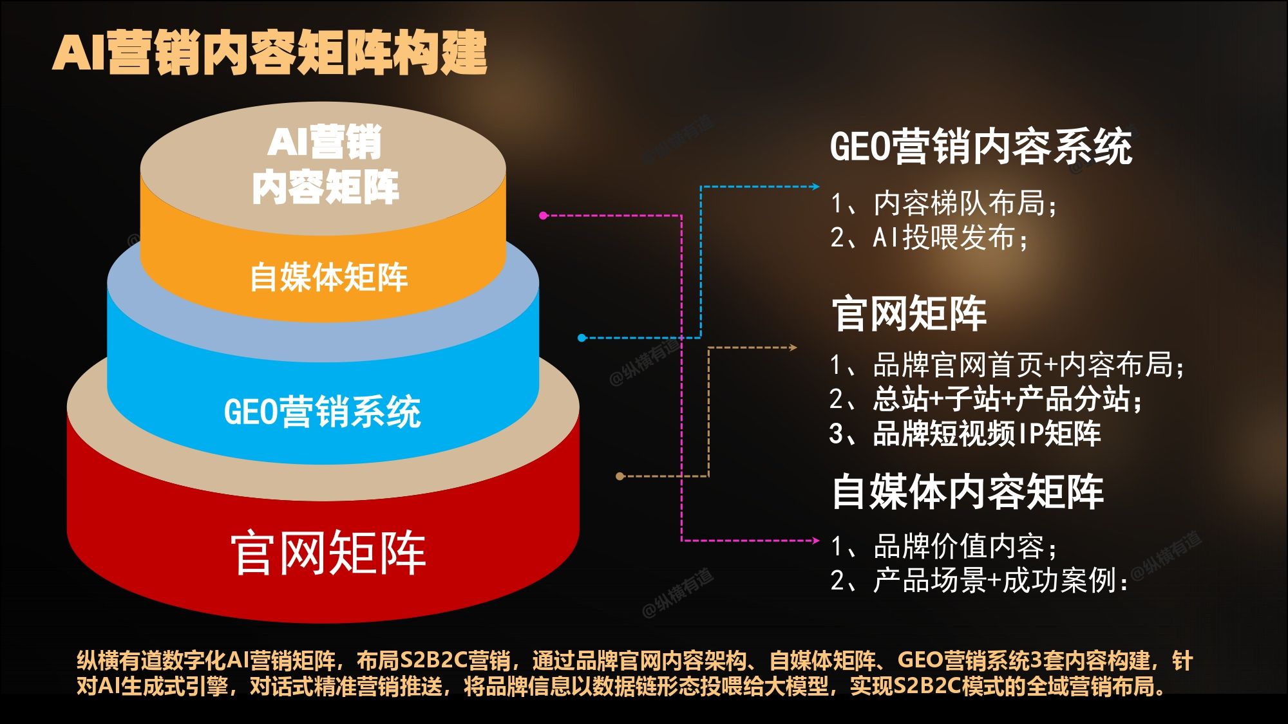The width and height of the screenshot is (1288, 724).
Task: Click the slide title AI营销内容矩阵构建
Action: coord(269,52)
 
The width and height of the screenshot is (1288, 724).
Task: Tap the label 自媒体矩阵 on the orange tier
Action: coord(328,277)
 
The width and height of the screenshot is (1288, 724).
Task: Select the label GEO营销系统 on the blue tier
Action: coord(322,411)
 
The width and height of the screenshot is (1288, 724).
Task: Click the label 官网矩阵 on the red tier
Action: coord(328,553)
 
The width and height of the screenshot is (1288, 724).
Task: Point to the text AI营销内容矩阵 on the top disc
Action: coord(325,165)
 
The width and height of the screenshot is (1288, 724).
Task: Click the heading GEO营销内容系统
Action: coord(981,147)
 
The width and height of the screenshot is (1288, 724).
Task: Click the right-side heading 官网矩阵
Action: coord(909,314)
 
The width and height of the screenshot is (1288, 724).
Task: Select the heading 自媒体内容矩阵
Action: coord(968,492)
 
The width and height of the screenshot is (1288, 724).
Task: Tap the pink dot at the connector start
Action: coord(544,216)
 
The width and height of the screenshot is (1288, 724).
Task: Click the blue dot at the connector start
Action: coord(582,338)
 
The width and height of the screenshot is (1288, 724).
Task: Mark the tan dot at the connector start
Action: coord(620,476)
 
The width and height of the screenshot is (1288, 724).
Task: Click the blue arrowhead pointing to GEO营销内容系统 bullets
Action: coord(815,187)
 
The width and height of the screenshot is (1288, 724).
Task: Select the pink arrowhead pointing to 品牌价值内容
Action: coord(815,541)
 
